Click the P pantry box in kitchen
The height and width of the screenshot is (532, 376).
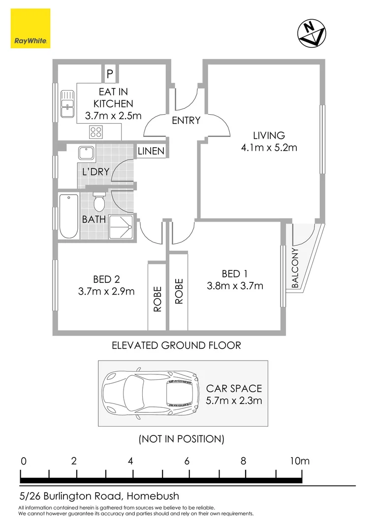[110, 74]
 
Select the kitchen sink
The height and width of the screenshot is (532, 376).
[67, 103]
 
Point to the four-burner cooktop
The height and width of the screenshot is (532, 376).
[96, 132]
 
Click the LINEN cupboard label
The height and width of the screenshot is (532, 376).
[151, 151]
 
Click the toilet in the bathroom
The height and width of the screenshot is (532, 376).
[99, 201]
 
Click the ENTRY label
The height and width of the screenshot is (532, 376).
[186, 120]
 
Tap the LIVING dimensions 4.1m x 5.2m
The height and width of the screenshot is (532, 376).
[269, 147]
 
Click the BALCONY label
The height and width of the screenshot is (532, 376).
[295, 268]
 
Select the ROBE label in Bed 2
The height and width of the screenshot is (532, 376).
[157, 302]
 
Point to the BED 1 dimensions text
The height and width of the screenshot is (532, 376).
[236, 286]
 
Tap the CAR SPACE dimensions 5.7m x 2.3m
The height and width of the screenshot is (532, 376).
[234, 400]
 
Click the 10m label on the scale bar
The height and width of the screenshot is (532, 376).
[299, 461]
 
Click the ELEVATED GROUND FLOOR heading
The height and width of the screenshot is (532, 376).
[177, 345]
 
